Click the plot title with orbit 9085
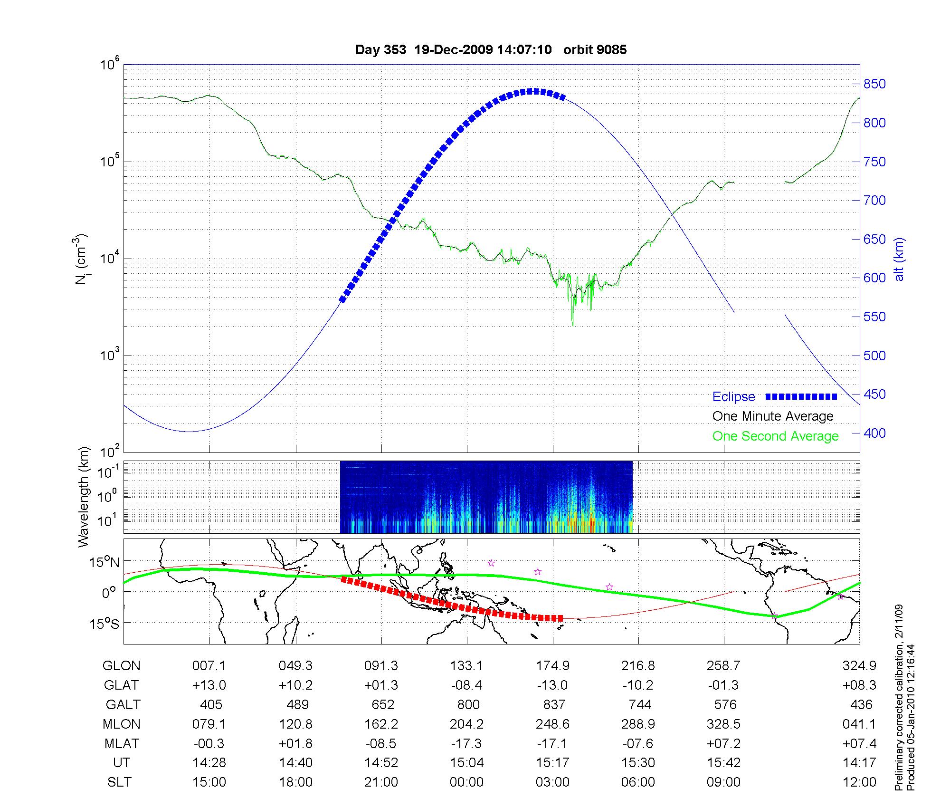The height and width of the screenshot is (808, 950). [x=491, y=50]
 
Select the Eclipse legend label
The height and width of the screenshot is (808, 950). [x=733, y=397]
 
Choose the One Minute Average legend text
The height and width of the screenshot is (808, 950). [x=773, y=416]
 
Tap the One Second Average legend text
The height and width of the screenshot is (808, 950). [x=775, y=436]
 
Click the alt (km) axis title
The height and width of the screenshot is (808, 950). [x=899, y=259]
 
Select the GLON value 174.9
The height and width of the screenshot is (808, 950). [x=552, y=666]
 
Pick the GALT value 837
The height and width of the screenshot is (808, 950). [x=554, y=705]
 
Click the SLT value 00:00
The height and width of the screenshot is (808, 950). [x=467, y=782]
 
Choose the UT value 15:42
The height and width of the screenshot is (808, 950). [x=723, y=763]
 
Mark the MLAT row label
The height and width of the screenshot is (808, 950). [x=122, y=743]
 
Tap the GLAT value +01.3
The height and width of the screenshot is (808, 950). [x=381, y=685]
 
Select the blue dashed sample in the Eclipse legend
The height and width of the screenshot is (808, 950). [x=801, y=397]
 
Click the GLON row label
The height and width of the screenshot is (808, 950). [x=122, y=666]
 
